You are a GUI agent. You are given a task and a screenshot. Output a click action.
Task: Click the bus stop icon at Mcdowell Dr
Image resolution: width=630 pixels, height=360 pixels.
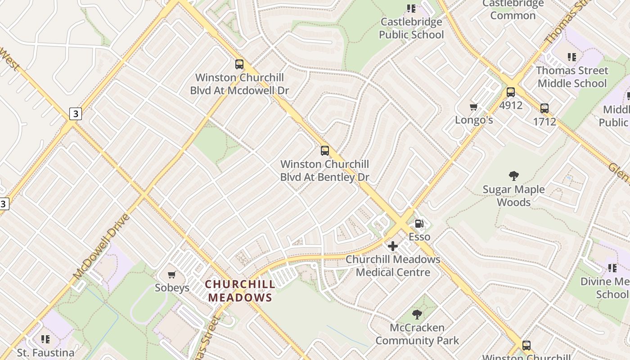[239, 64]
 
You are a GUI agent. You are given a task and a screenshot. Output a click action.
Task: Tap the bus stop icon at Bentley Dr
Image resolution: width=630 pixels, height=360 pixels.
[325, 151]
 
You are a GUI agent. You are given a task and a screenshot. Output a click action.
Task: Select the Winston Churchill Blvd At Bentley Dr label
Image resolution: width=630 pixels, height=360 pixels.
[324, 171]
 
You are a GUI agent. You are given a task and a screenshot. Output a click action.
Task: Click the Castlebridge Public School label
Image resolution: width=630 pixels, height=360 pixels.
[411, 28]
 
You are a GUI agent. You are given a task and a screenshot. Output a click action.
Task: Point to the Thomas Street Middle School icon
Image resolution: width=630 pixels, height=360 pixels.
[572, 57]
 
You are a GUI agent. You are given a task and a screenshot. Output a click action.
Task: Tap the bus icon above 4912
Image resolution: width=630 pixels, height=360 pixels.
[511, 92]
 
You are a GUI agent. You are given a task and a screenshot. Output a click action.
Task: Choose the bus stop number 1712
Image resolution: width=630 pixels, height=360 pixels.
[544, 121]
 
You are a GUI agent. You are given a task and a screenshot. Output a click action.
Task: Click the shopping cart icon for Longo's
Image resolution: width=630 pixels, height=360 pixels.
[473, 107]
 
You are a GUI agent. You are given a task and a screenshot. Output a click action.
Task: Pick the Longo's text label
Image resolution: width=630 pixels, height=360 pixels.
[474, 120]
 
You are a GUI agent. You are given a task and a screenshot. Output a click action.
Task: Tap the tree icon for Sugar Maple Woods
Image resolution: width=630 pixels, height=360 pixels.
[513, 176]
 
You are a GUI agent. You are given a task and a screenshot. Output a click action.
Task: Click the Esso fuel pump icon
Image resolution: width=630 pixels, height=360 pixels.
[419, 223]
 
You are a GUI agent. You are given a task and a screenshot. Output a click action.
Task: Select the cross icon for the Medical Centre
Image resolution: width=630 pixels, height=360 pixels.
[393, 246]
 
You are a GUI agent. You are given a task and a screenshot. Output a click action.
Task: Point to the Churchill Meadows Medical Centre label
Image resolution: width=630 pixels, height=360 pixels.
[393, 266]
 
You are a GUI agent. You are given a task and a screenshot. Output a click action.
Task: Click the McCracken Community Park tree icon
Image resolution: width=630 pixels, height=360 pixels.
[417, 315]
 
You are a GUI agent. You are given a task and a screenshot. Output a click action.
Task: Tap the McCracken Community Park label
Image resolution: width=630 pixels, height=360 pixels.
[417, 334]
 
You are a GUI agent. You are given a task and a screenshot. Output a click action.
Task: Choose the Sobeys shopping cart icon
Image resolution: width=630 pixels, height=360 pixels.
[171, 274]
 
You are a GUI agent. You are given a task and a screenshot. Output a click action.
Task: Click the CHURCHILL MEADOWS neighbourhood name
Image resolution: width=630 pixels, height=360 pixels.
[240, 291]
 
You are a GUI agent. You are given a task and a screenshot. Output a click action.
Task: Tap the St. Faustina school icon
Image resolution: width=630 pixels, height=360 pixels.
[45, 339]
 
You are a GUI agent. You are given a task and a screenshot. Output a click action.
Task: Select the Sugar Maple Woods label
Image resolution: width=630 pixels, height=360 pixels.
[513, 196]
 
